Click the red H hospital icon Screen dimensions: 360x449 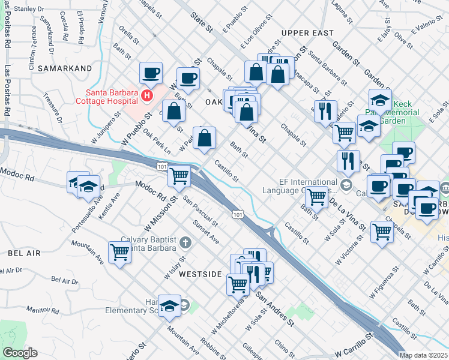pos(146,95)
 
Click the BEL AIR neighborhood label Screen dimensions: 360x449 pos(24,254)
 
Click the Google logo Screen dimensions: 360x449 pos(20,353)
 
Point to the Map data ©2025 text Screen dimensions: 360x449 pos(424,355)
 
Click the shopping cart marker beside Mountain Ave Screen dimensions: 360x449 pos(119,253)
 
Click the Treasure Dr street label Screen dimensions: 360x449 pos(52,106)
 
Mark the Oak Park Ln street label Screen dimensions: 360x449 pos(157,142)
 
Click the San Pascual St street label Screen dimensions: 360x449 pos(202,211)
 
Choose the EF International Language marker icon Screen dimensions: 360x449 pos(346,184)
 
